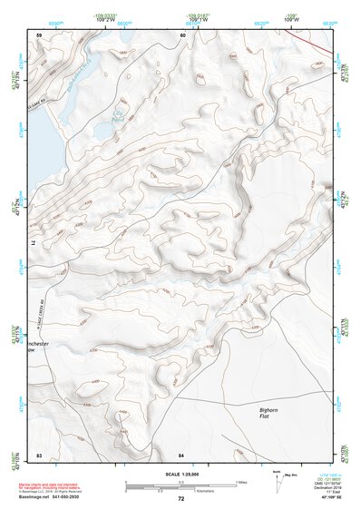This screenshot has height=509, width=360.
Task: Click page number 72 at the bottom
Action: point(181,499)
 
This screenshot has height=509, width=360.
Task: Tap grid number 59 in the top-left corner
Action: point(39,35)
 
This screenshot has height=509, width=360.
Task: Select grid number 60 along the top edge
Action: point(182,35)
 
